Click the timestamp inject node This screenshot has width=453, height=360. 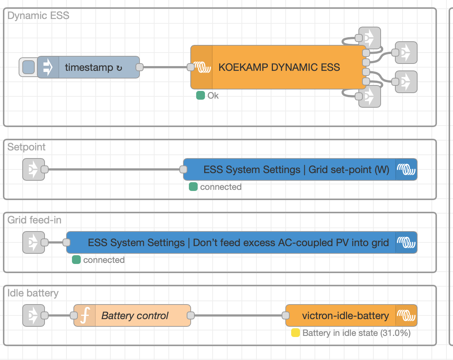tap(93, 67)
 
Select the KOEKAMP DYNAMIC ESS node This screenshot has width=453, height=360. tap(279, 67)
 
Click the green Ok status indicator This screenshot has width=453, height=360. tap(201, 95)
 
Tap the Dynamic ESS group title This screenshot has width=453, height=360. tap(38, 16)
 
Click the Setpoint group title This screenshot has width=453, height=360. tap(26, 147)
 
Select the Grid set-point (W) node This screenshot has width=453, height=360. tap(296, 169)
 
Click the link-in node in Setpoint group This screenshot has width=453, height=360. tap(33, 169)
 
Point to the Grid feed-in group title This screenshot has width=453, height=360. tap(34, 220)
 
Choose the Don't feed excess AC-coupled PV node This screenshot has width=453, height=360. tap(238, 242)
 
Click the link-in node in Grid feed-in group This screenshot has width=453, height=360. tap(33, 242)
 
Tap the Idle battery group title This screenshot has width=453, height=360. tap(33, 293)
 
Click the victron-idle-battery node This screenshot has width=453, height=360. tap(345, 315)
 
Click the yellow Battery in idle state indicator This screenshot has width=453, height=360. tap(296, 333)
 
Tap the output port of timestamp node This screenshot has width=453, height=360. tap(139, 67)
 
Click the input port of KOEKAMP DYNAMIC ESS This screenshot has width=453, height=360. tap(190, 67)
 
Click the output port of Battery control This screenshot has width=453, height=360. tap(190, 315)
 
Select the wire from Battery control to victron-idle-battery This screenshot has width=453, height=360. tap(237, 315)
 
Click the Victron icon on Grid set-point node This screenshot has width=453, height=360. tap(406, 169)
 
